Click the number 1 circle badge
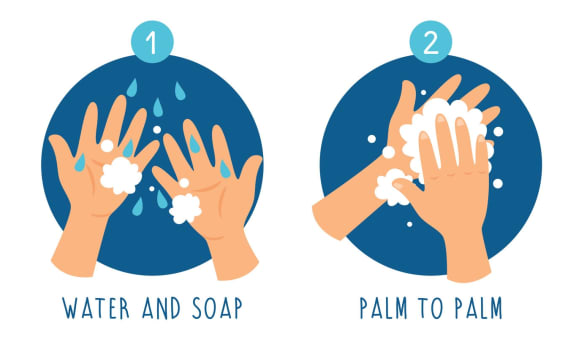(x=152, y=42)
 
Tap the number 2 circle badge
(x=431, y=42)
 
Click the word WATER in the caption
(x=96, y=308)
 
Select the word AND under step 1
(x=161, y=308)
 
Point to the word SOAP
(x=217, y=308)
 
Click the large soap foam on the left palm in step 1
(x=121, y=176)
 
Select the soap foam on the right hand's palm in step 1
(x=185, y=208)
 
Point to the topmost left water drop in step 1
(x=132, y=87)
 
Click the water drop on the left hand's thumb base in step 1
(x=80, y=163)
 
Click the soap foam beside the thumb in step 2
(x=391, y=187)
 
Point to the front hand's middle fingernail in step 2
(x=441, y=119)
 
